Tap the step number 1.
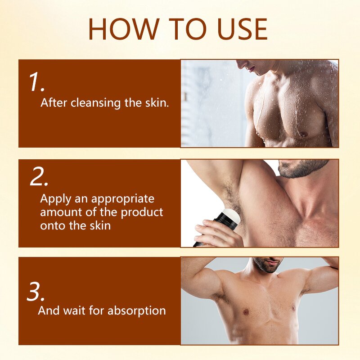click(37, 82)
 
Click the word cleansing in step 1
click(95, 103)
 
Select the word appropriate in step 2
click(123, 199)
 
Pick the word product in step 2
click(142, 212)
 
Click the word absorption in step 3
click(137, 311)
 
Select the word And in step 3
click(49, 310)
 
